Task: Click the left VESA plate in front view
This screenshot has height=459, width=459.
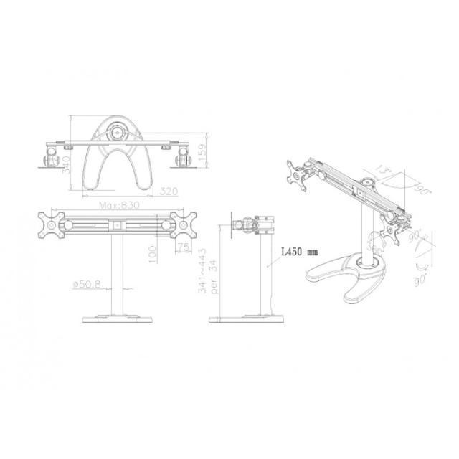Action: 54,224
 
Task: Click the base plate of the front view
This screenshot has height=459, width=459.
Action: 118,319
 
